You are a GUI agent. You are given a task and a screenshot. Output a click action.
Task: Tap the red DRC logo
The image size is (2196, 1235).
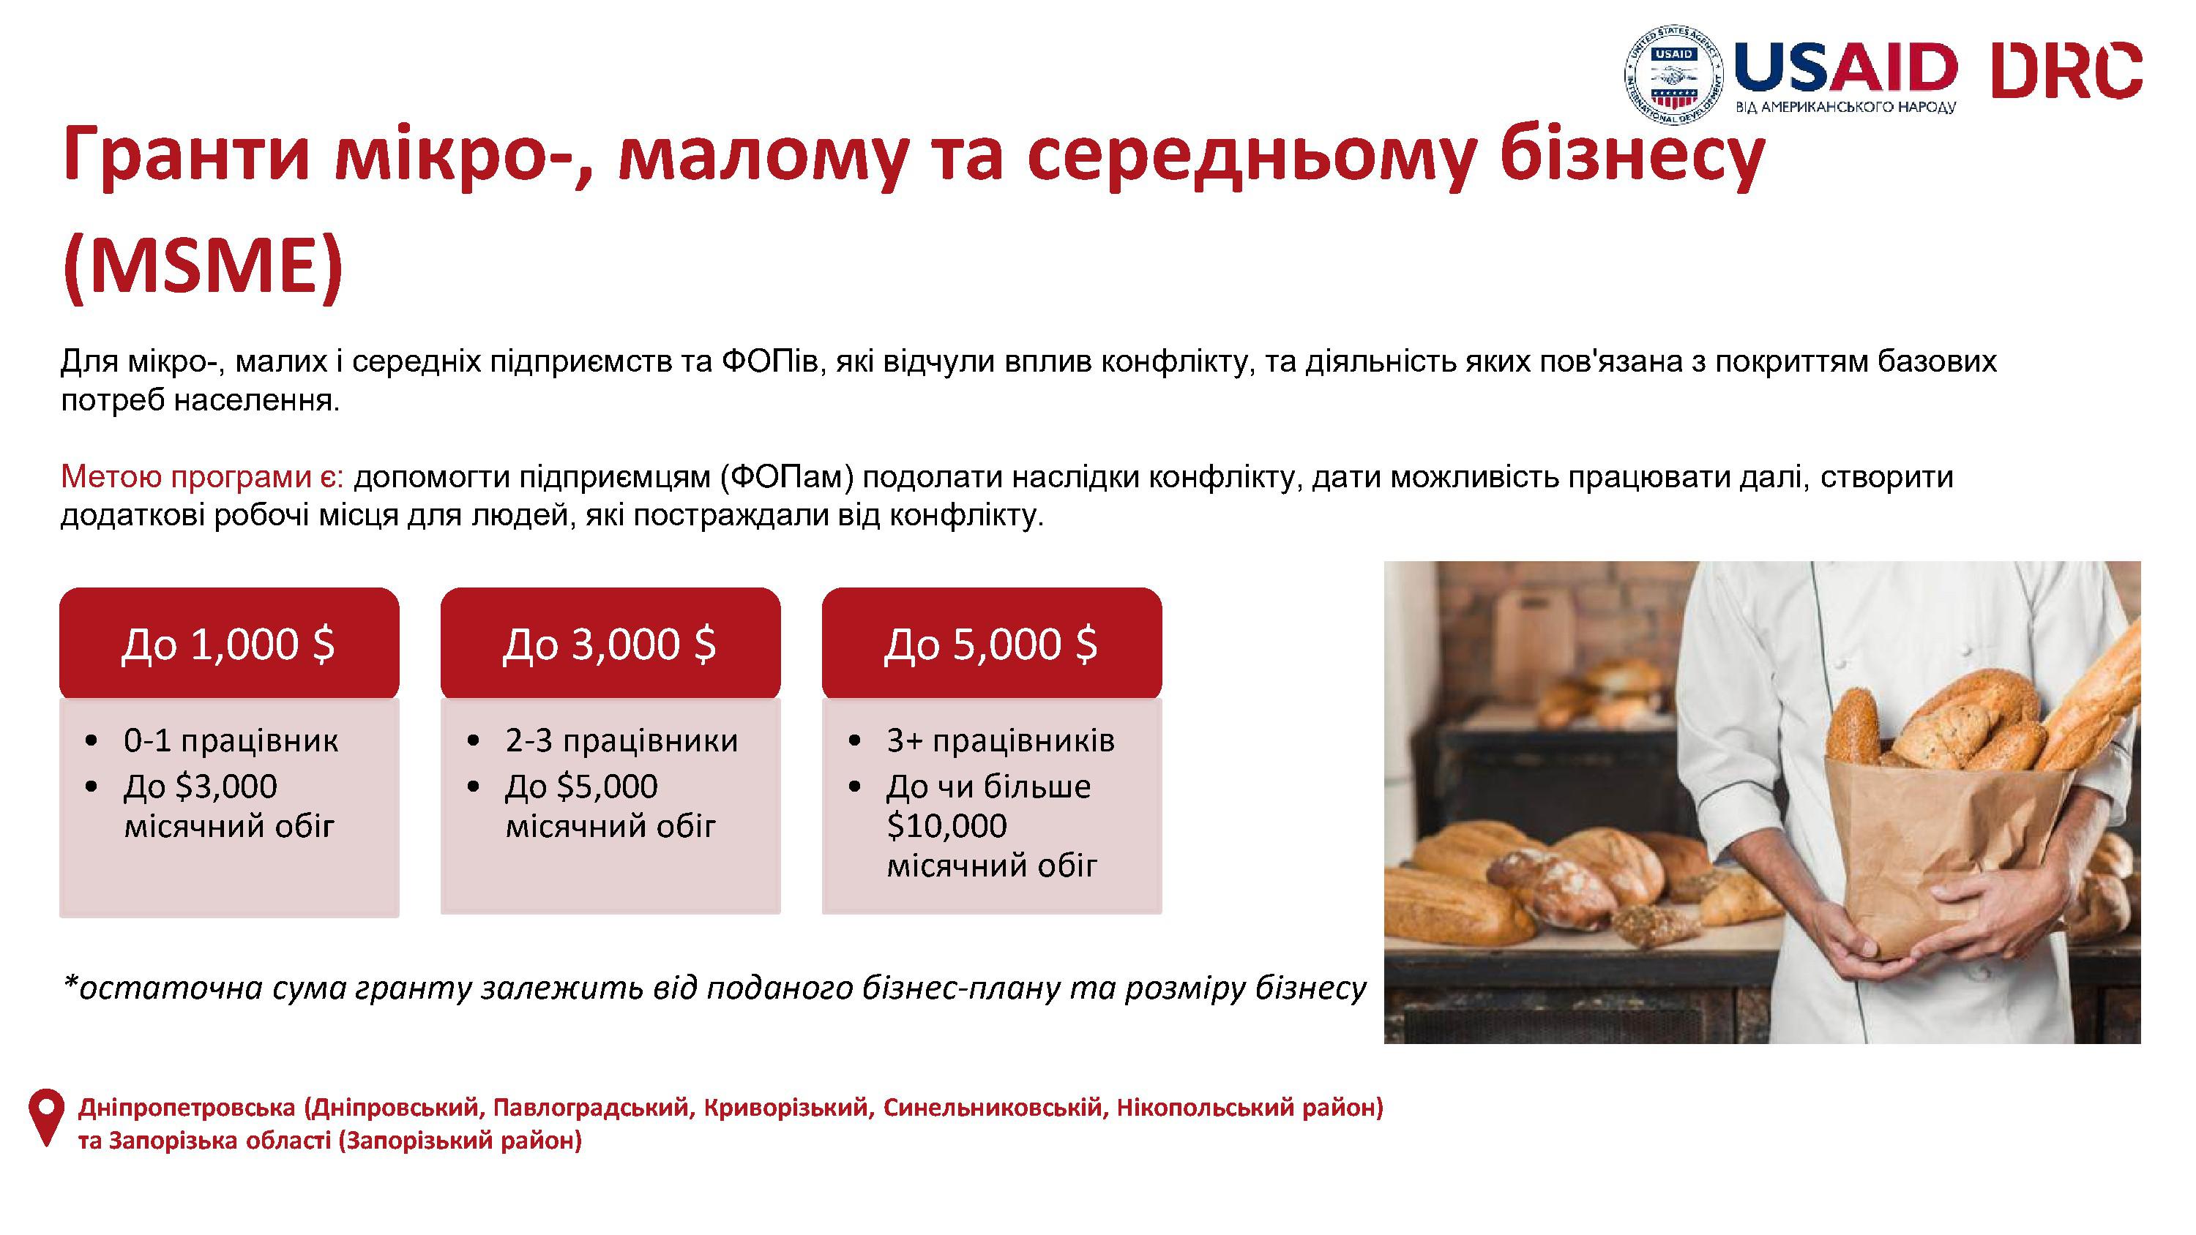[x=2066, y=70]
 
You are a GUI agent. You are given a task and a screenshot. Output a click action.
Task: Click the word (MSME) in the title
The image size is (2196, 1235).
[x=203, y=266]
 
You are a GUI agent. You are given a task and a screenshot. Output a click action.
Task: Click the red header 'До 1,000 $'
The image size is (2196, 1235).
[x=229, y=644]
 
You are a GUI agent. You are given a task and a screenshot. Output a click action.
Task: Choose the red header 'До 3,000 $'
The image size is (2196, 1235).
[x=610, y=644]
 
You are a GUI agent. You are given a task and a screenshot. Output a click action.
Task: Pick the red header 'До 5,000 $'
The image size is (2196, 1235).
[x=991, y=644]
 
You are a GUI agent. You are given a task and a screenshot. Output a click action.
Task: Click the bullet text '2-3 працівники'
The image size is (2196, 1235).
[x=621, y=740]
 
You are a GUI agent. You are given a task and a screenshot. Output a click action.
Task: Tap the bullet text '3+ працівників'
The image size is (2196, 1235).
[x=1001, y=740]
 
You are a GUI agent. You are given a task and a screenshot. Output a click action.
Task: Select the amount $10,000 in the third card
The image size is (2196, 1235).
[x=947, y=826]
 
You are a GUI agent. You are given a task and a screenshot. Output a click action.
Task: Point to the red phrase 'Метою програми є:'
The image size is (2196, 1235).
[x=202, y=477]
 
